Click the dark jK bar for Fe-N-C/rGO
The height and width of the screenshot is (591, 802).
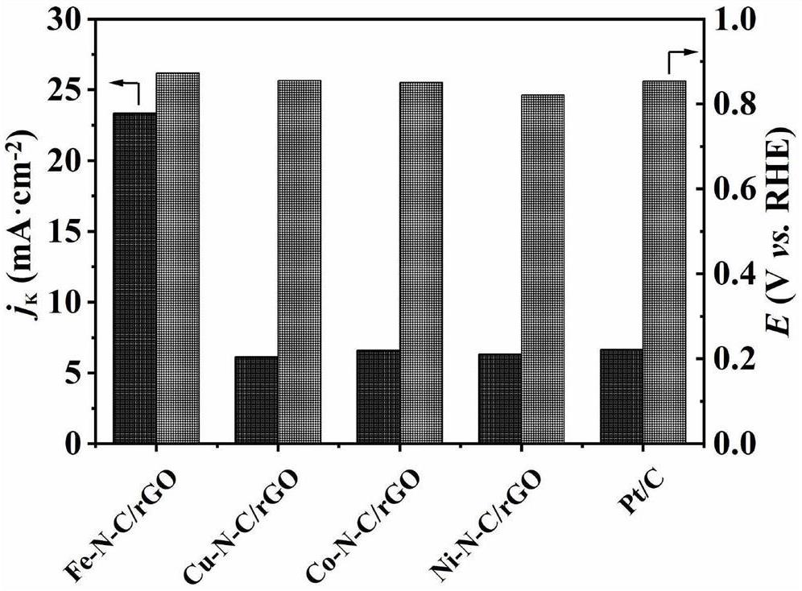click(x=134, y=279)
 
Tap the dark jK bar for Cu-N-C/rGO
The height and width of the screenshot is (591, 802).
click(x=256, y=400)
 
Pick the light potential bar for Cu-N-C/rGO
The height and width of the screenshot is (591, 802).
click(x=299, y=262)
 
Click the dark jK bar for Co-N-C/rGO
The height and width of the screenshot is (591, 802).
click(x=378, y=397)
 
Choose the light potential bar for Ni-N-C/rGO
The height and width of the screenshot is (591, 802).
click(x=543, y=270)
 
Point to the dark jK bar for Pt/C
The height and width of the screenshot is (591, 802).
click(x=622, y=396)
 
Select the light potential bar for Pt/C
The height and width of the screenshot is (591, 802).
click(x=664, y=262)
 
